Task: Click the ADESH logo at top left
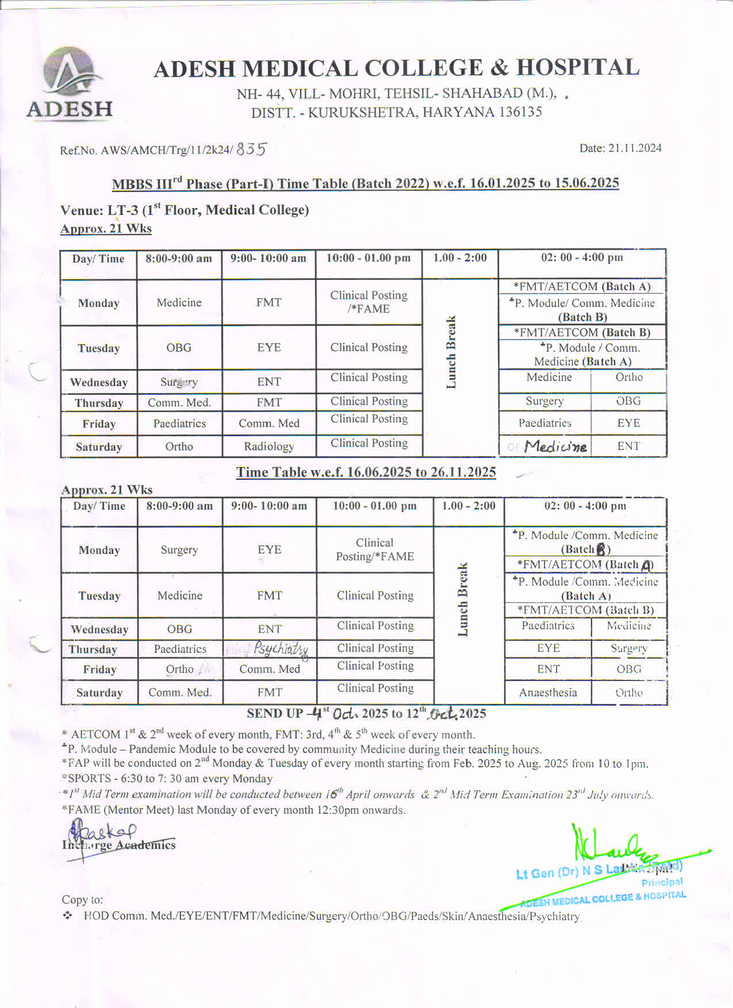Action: tap(70, 82)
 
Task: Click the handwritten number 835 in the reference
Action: tap(251, 149)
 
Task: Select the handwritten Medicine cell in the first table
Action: tap(555, 447)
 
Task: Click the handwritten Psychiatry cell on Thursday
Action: tap(281, 649)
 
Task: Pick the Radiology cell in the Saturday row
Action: tap(268, 447)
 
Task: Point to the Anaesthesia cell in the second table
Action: tap(548, 692)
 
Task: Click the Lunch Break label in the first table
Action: tap(451, 352)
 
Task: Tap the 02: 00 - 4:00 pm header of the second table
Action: tap(585, 506)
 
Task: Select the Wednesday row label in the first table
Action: tap(99, 382)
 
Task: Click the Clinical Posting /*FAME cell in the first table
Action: tap(369, 302)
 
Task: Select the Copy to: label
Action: tap(82, 900)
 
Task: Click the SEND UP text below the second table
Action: tap(275, 714)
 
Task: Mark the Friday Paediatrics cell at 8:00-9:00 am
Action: tap(179, 424)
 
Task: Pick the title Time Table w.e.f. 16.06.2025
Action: tap(366, 472)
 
